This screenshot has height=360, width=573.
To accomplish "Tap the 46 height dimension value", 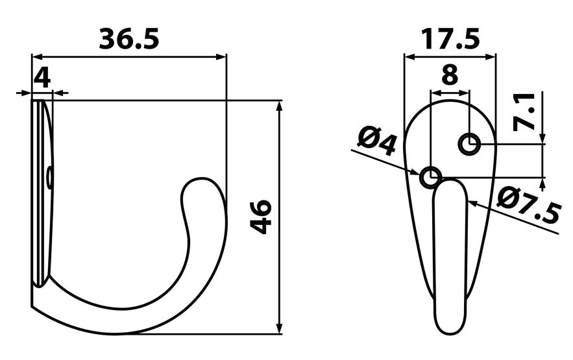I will coord(262,217).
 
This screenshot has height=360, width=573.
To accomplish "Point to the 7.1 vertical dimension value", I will coord(525,112).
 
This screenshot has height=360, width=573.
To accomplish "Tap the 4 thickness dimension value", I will coord(42,78).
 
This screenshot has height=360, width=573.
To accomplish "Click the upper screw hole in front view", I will coord(469,144).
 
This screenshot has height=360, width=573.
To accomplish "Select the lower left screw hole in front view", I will coord(430,176).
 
